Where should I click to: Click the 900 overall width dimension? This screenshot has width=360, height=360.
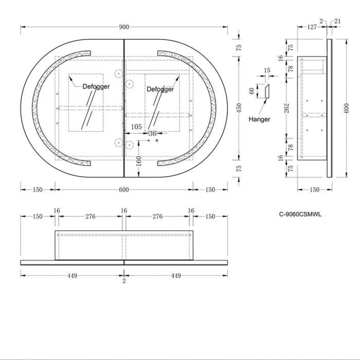click(124, 27)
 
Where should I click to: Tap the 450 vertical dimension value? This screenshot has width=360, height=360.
click(239, 108)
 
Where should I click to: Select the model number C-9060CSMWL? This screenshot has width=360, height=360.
click(300, 214)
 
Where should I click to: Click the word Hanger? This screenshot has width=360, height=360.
click(259, 119)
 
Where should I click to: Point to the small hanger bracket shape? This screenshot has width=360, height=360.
click(267, 92)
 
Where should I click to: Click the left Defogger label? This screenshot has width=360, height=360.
click(96, 86)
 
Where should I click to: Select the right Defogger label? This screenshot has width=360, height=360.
click(160, 89)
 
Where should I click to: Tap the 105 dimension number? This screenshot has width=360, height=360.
click(136, 127)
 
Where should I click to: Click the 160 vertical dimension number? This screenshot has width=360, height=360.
click(139, 161)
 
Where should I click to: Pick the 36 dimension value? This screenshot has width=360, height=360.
click(152, 133)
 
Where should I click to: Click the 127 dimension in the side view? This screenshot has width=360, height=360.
click(312, 27)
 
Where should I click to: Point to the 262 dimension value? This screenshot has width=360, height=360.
click(286, 109)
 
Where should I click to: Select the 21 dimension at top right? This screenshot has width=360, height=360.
click(337, 22)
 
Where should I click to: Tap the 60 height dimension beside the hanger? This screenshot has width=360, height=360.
click(252, 91)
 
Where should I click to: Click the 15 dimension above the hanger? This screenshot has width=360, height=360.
click(267, 70)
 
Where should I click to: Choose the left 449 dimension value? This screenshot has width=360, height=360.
click(72, 276)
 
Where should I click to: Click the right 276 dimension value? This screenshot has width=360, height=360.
click(157, 217)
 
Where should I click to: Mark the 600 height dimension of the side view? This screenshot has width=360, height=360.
click(347, 108)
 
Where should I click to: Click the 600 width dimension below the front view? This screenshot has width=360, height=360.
click(124, 190)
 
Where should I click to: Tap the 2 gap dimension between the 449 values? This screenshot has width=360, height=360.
click(124, 281)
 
